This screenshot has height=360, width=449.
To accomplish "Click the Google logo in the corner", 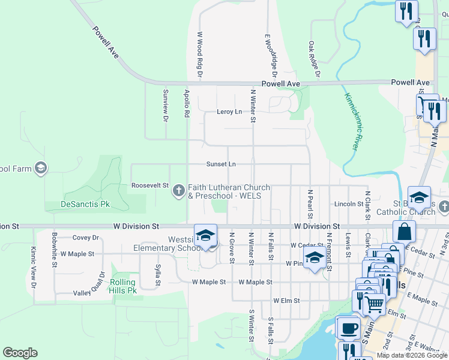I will [x=20, y=353].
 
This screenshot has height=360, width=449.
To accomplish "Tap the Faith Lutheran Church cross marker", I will [x=178, y=191].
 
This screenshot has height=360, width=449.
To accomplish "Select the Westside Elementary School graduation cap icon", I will [x=205, y=235].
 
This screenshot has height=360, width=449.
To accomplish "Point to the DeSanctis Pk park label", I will [x=85, y=205].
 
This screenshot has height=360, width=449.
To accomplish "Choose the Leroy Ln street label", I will [x=229, y=112].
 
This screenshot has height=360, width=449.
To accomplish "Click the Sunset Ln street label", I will [x=221, y=164].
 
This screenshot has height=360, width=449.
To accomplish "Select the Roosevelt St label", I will [x=150, y=186].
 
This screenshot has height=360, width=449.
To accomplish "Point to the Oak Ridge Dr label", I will [x=313, y=59].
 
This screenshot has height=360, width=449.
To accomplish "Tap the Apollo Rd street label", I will [x=187, y=103].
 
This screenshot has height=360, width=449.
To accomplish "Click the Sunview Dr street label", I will [x=165, y=105].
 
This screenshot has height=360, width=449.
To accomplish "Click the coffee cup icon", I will [x=348, y=328].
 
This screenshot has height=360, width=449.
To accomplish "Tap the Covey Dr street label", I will [x=85, y=238].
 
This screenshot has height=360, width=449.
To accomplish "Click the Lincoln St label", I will [x=349, y=204].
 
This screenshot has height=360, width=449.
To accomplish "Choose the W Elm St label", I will [x=286, y=301].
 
